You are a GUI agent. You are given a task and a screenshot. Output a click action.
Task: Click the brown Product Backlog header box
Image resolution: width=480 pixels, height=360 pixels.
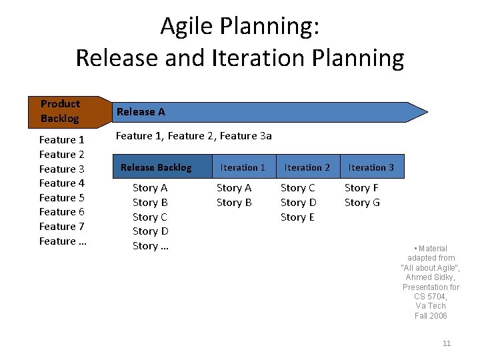point(61,111)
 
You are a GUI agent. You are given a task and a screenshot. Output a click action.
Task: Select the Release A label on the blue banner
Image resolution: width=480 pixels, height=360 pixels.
point(140,112)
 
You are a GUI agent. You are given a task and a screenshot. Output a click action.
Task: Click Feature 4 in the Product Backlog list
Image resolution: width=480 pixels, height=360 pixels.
point(62,183)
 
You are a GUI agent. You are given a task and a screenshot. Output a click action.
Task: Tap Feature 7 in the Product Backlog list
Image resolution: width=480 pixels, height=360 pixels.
point(62,227)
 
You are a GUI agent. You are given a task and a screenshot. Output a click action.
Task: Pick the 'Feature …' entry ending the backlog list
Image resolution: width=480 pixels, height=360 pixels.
point(63,241)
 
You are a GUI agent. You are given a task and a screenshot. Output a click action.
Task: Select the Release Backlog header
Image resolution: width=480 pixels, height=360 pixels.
point(156,167)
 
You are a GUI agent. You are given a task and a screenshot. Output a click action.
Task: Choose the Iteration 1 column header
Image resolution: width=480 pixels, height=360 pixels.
point(243,167)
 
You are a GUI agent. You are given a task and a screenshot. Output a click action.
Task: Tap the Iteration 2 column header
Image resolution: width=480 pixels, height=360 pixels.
point(307,167)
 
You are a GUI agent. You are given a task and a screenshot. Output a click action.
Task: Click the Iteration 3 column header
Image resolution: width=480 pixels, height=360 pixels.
point(371,167)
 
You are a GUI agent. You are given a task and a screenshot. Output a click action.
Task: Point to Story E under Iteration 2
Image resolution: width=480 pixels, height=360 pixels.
point(297,217)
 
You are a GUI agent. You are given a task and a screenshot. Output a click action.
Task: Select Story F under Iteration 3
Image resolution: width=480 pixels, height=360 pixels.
point(361,188)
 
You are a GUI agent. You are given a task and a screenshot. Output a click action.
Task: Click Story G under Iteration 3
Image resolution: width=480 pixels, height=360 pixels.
point(362,203)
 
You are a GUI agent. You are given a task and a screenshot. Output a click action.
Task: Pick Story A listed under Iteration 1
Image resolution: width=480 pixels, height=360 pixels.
point(234,188)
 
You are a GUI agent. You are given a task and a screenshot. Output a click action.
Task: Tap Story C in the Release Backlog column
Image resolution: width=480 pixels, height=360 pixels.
point(150,217)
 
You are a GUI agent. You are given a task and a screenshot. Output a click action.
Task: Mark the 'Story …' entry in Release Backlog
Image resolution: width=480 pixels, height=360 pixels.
point(151,246)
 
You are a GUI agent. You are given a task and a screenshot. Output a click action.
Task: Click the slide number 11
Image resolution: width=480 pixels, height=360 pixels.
point(447,343)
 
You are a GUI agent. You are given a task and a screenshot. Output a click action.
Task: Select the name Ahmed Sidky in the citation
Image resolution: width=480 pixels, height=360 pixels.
point(431,277)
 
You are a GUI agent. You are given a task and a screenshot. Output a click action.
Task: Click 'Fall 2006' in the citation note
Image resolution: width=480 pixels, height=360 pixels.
point(431,316)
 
